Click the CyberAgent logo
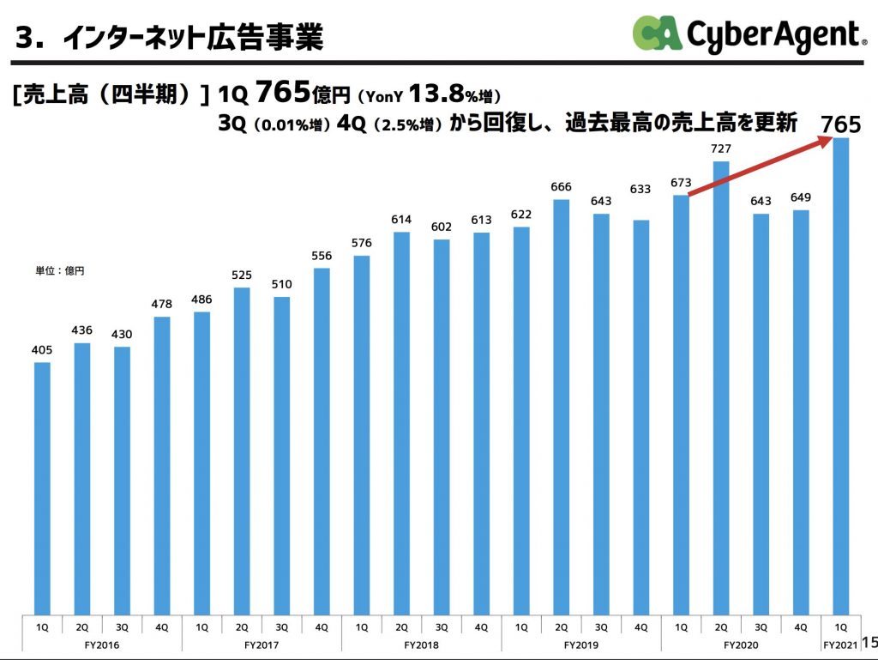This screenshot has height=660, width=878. click(x=746, y=34)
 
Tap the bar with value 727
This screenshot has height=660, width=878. click(x=721, y=386)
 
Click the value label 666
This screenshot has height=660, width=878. click(x=561, y=187)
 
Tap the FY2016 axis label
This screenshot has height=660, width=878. click(x=102, y=644)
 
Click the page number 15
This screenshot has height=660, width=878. click(x=869, y=642)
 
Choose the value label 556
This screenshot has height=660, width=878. click(x=322, y=256)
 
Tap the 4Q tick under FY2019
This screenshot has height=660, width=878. click(x=640, y=627)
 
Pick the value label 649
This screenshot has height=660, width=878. click(x=801, y=197)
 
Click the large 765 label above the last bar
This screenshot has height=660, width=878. click(x=840, y=124)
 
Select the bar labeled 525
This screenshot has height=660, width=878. click(x=242, y=451)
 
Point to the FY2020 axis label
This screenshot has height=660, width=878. click(x=741, y=644)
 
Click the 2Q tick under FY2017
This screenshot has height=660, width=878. click(x=242, y=627)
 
